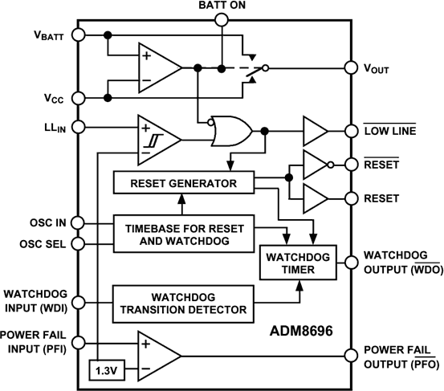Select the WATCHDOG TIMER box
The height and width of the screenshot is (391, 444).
287,263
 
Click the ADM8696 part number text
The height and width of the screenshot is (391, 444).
306,331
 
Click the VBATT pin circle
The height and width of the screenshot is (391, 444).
78,35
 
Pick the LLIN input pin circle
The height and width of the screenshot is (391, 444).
78,127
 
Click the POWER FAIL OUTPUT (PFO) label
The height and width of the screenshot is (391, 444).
399,356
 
